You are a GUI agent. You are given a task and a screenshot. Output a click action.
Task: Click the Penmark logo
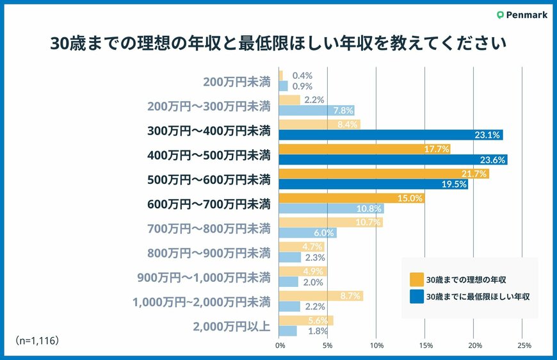(x=522, y=15)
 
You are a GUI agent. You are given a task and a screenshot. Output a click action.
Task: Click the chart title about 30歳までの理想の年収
(x=278, y=44)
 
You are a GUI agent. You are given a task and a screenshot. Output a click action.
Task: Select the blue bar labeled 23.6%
(x=393, y=160)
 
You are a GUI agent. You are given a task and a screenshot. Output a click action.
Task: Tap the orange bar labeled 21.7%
(x=383, y=174)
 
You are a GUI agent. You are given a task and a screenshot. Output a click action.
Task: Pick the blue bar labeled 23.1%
(x=391, y=135)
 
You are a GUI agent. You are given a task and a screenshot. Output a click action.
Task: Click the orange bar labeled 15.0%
(x=351, y=199)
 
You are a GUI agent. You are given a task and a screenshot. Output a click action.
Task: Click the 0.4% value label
(x=302, y=76)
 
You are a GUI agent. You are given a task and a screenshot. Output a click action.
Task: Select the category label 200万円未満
(x=237, y=81)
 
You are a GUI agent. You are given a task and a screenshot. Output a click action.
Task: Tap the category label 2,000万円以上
(x=232, y=325)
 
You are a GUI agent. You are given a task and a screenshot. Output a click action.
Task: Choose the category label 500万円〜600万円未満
(x=209, y=179)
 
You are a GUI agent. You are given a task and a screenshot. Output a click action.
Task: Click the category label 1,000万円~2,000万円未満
(x=201, y=301)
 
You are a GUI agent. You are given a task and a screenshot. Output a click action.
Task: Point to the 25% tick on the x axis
(x=522, y=346)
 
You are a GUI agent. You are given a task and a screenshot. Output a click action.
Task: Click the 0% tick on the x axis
(x=280, y=346)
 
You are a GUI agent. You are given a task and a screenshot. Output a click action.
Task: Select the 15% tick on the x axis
(x=425, y=346)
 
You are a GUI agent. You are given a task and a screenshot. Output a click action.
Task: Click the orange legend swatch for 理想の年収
(x=416, y=279)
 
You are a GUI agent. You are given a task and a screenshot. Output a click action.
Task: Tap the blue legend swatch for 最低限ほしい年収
(x=416, y=297)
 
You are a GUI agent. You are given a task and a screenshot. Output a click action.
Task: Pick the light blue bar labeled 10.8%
(x=331, y=209)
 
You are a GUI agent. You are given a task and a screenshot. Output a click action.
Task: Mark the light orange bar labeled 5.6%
(x=306, y=320)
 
